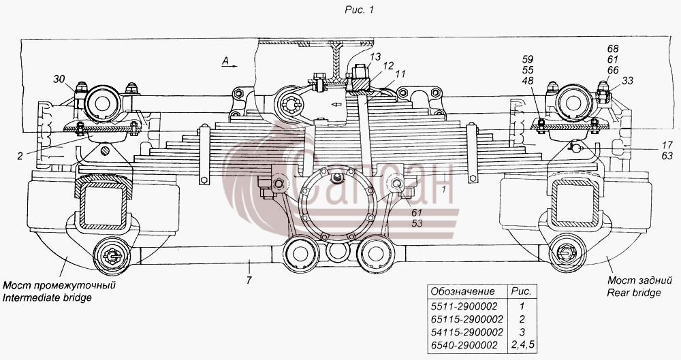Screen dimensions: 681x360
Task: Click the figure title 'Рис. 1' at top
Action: coord(359,10)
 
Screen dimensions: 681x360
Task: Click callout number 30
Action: coord(59,79)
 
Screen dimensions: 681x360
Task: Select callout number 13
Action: coord(375,56)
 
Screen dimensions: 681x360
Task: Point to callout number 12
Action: coord(388,65)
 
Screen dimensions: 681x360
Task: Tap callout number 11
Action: coord(400,74)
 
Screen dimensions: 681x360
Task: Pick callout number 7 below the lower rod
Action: coord(249,280)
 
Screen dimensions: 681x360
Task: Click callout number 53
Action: coord(417,224)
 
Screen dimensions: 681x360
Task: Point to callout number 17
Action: coord(667,145)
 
